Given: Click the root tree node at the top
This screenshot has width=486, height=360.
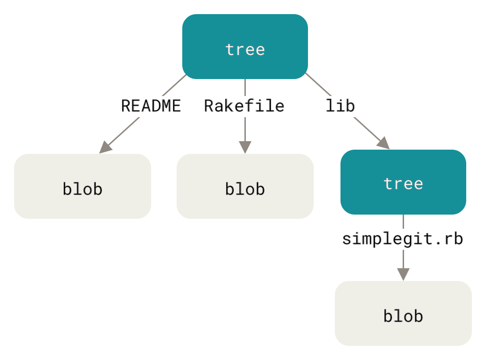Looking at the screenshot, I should tap(245, 47).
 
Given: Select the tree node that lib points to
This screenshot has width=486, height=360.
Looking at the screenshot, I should tap(403, 182).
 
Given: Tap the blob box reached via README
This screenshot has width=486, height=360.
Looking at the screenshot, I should tap(82, 186).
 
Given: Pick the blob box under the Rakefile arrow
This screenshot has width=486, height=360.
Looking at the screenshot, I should tap(245, 186).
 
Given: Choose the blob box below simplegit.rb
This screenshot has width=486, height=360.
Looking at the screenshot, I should tap(403, 313).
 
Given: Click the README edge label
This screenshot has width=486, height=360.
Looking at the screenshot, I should tap(151, 106).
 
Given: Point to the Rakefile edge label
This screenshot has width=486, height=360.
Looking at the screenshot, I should tap(244, 106).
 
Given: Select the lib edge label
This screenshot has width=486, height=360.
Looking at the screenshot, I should tap(340, 106).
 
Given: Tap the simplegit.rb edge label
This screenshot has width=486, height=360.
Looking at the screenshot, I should tap(403, 239).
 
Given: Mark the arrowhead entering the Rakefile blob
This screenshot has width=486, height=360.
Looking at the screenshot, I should tap(245, 146).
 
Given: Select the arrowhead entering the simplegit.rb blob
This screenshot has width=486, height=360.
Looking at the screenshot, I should tap(403, 274).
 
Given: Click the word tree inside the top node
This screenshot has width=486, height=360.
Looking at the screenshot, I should tap(245, 49).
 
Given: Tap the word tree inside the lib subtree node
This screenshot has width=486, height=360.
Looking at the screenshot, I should tap(403, 183).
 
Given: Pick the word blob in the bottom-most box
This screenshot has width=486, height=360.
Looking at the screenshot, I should tap(403, 316).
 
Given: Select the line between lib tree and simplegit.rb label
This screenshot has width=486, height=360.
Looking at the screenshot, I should tap(403, 222).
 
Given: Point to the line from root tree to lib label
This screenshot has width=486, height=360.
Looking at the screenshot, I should tap(316, 85).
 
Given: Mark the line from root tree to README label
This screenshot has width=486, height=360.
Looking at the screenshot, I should tap(174, 85).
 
